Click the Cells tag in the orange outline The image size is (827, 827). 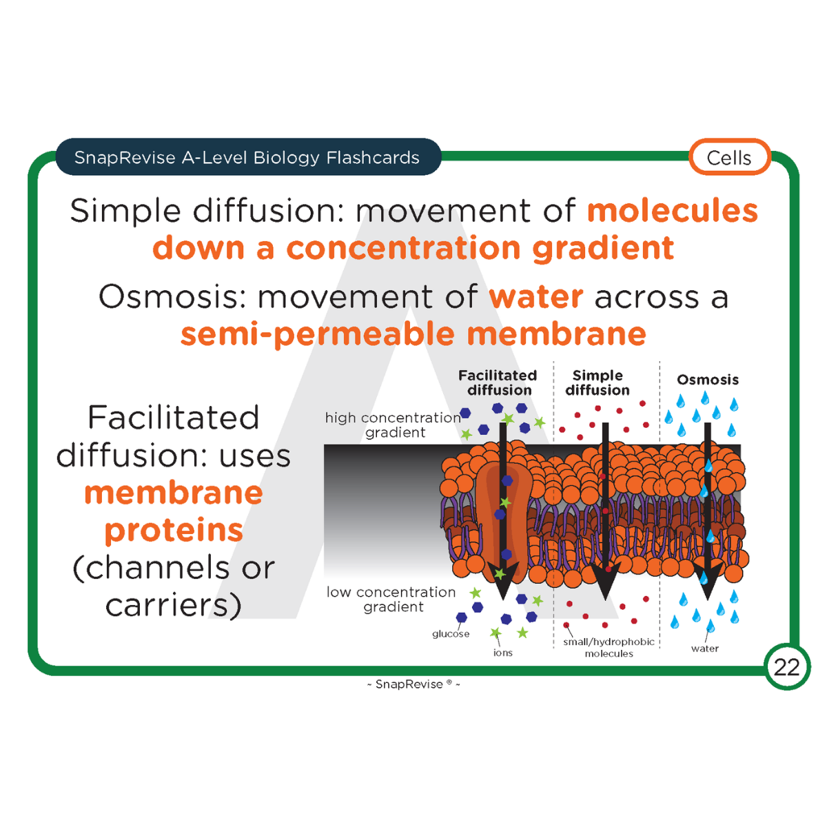pos(729,157)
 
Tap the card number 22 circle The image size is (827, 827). pos(786,666)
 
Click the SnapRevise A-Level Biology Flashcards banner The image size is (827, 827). pos(247,157)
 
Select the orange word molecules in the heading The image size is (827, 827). pos(672,211)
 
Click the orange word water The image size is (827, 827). pos(536,297)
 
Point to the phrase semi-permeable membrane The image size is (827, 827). pos(413,334)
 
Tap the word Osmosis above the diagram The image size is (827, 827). pos(707,380)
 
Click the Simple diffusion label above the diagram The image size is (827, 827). pos(598,382)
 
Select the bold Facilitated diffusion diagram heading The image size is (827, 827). pos(498,382)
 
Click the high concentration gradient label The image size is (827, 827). pos(393,425)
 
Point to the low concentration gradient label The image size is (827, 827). pos(391,599)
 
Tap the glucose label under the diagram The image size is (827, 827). pos(451,634)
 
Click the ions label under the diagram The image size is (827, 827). pos(503,653)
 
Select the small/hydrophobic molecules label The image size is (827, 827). pos(609,647)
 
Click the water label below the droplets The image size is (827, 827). pos(704,649)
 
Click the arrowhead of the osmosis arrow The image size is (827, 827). pos(707,576)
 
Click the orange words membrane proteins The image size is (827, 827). pos(174,511)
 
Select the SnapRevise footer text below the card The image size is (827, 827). pos(413,684)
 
